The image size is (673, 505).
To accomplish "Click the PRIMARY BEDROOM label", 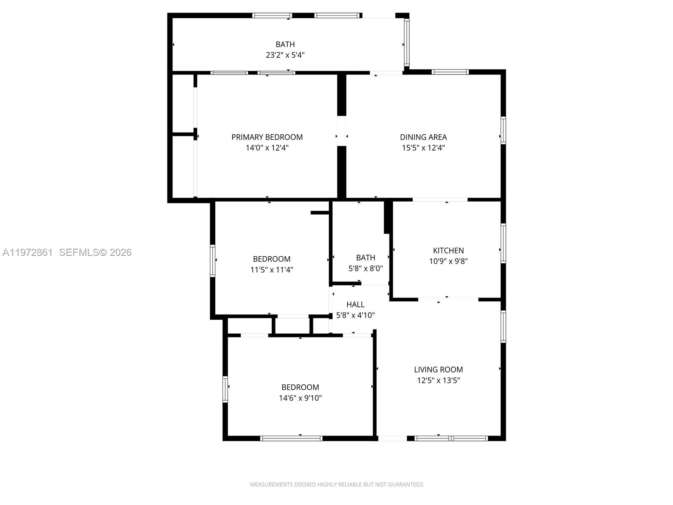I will tap(267, 137).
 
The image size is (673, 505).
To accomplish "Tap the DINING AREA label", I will tap(423, 137).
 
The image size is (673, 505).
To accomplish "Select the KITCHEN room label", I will tap(448, 250).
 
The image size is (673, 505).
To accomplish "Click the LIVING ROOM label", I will tap(438, 369).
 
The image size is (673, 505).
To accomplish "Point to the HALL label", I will tap(355, 304).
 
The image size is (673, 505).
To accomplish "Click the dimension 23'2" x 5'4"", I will tap(285, 55).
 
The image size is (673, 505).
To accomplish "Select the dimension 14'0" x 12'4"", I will tap(267, 148).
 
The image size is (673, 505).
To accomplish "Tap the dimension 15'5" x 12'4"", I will tap(423, 148).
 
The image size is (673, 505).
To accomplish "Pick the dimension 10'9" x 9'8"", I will tap(448, 261).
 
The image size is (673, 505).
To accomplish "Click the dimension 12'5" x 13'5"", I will tap(438, 380).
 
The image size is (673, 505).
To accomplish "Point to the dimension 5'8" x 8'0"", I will tap(366, 268).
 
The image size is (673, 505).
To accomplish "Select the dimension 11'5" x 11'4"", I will tap(272, 270).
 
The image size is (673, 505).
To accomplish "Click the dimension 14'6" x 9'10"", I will tap(300, 398).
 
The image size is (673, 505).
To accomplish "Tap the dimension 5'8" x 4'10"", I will tap(355, 315).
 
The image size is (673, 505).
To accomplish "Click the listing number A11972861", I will tap(28, 252).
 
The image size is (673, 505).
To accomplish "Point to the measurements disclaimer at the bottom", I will tap(337, 484).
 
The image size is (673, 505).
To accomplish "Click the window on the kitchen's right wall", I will tap(503, 244).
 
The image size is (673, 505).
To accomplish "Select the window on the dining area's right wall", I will tap(503, 131).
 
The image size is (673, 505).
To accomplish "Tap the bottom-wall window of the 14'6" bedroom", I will tap(291, 438).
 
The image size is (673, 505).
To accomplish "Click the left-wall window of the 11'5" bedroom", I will tap(213, 260).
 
